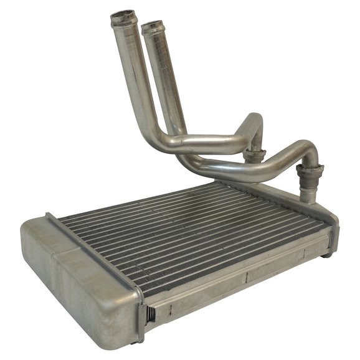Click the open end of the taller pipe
[124, 15]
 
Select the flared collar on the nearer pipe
[309, 170]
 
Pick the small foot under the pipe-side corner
[326, 253]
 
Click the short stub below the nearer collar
[308, 190]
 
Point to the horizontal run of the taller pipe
[206, 144]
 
